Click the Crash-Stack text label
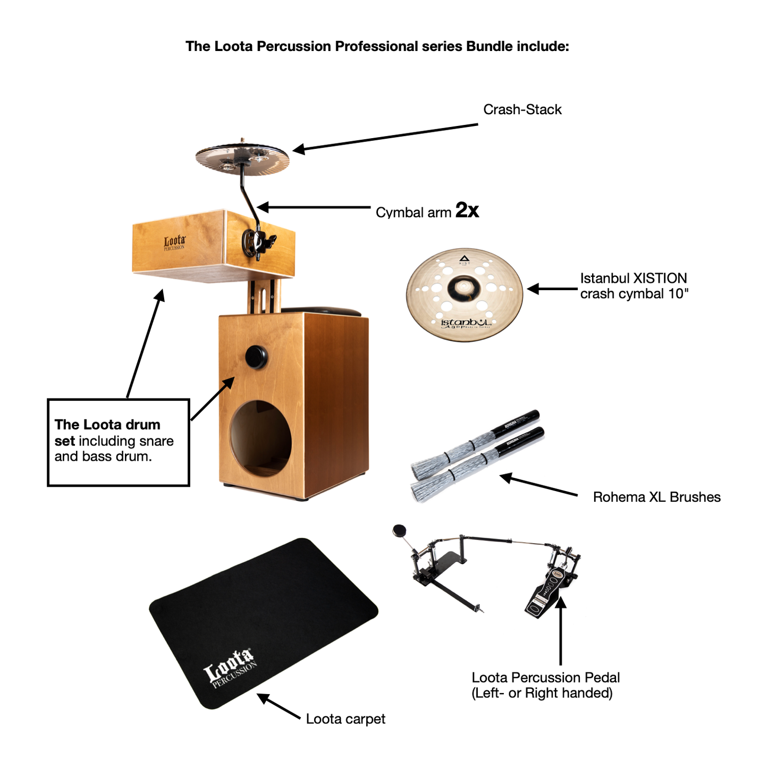click(x=522, y=109)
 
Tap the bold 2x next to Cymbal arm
click(x=467, y=210)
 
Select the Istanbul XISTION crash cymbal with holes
click(x=464, y=295)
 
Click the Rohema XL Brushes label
click(x=656, y=497)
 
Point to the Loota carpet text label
click(x=345, y=719)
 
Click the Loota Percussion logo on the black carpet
click(x=230, y=667)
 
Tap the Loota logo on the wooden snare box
click(x=174, y=243)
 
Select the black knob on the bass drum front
click(x=256, y=357)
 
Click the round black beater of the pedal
click(x=399, y=530)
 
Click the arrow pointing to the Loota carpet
click(x=279, y=706)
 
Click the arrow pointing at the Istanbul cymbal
click(x=552, y=289)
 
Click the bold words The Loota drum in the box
click(x=107, y=425)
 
